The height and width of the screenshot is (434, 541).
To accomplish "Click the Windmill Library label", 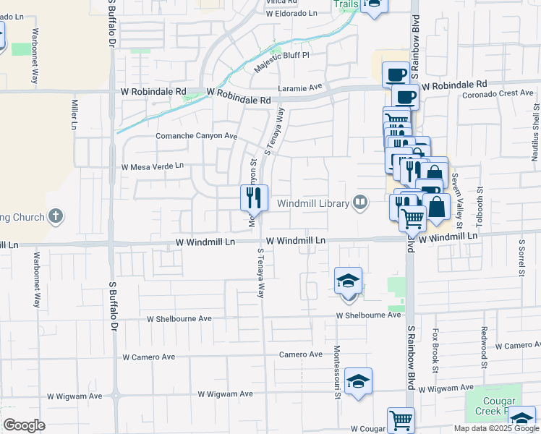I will [313, 204].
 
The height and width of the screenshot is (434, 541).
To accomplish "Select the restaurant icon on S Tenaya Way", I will [254, 197].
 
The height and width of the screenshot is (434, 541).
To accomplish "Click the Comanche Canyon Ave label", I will [197, 136].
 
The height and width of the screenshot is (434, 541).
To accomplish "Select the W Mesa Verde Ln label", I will [153, 166].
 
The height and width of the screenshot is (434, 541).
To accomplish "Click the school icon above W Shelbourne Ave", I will [348, 281].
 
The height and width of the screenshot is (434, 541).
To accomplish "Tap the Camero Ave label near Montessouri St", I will [301, 354].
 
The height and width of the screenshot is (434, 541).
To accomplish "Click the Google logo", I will [24, 425].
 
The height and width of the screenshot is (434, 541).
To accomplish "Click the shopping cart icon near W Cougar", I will [401, 420].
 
